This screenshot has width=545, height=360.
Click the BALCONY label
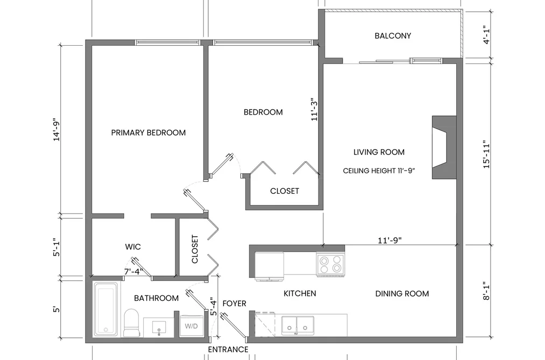coord(393,36)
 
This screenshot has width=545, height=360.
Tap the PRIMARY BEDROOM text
coord(148,132)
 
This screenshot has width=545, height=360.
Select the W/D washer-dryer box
coord(191,326)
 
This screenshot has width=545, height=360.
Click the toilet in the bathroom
coord(131,322)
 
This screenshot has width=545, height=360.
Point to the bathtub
coord(106,309)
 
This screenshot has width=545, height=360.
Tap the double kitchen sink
coord(298,326)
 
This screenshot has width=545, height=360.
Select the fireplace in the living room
coord(444,147)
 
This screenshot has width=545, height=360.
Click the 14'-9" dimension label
coord(56,130)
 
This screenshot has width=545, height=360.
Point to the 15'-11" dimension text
coord(486,154)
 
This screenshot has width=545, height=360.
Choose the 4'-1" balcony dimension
coord(486,36)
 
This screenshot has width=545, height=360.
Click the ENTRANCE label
coord(228,349)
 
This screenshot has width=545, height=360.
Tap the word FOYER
coord(234,303)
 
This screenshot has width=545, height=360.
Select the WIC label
coord(133,246)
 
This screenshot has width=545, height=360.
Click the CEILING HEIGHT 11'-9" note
coord(379,171)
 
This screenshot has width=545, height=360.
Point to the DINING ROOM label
coord(402,294)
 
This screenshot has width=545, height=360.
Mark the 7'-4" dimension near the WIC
coord(133,271)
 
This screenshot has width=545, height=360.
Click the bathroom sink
coord(159,327)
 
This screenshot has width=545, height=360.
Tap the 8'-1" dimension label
coord(486,291)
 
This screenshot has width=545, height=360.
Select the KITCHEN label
coord(300,293)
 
